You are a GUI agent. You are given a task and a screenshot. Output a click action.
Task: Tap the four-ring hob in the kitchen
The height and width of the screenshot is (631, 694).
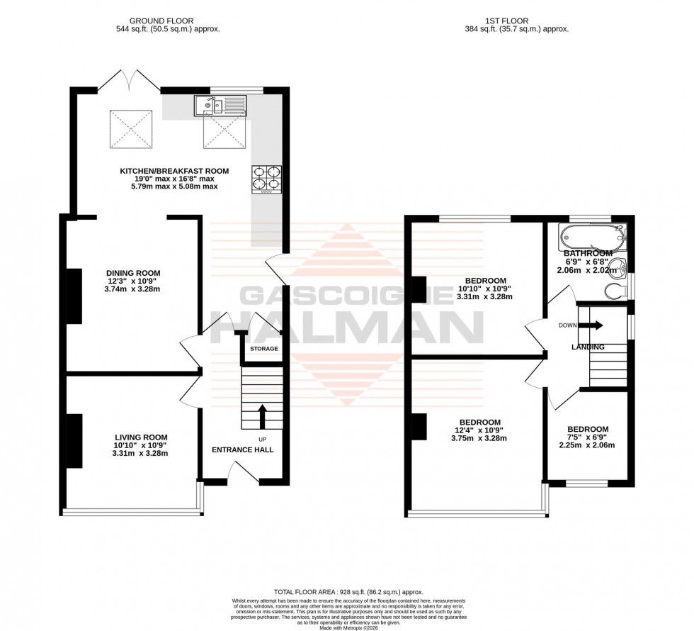266,179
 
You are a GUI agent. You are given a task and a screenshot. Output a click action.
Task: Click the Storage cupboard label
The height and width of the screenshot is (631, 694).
263,349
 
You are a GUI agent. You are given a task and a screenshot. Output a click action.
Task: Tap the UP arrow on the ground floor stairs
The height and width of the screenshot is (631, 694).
262,416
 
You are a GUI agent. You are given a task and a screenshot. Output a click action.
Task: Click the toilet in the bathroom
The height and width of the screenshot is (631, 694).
618,291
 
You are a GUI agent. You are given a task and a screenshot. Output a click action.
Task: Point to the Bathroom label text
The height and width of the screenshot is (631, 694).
588,253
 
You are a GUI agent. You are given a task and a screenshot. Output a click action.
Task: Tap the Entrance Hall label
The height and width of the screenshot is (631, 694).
243,449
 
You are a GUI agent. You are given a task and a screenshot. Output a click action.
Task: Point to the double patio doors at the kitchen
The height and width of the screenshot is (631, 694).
129,80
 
